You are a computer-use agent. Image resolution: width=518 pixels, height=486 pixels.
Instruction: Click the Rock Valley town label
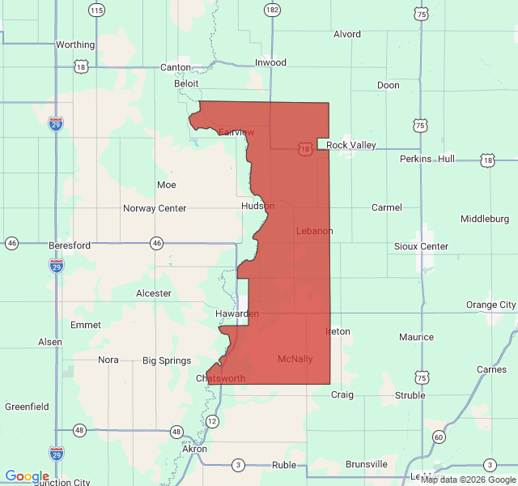pyautogui.click(x=351, y=145)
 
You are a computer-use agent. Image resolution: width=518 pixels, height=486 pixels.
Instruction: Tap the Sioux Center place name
pyautogui.click(x=421, y=246)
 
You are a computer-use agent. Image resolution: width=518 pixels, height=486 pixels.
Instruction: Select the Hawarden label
pyautogui.click(x=236, y=313)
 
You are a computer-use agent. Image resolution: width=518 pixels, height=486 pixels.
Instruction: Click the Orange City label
pyautogui.click(x=490, y=305)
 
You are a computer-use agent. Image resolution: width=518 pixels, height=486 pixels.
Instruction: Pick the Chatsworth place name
pyautogui.click(x=220, y=378)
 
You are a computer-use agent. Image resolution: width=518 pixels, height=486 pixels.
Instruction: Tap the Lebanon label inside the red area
pyautogui.click(x=314, y=231)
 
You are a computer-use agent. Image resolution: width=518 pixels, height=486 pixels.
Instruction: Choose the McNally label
pyautogui.click(x=295, y=359)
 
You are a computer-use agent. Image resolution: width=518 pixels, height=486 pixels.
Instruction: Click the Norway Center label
pyautogui.click(x=155, y=208)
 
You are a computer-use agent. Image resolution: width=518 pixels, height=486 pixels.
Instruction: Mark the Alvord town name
pyautogui.click(x=347, y=34)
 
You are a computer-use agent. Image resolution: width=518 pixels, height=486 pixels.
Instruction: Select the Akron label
pyautogui.click(x=194, y=449)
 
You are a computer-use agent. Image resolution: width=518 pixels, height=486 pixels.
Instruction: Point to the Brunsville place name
pyautogui.click(x=367, y=464)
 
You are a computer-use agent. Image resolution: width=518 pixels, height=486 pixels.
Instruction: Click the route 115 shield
pyautogui.click(x=96, y=10)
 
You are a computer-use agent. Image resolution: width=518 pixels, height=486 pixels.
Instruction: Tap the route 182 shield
pyautogui.click(x=272, y=10)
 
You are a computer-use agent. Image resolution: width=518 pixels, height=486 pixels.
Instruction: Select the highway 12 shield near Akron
pyautogui.click(x=212, y=421)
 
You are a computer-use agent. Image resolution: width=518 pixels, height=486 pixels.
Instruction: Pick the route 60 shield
pyautogui.click(x=438, y=437)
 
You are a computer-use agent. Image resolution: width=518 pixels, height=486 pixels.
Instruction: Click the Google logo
pyautogui.click(x=27, y=477)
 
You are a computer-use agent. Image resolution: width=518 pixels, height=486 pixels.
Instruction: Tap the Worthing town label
pyautogui.click(x=75, y=45)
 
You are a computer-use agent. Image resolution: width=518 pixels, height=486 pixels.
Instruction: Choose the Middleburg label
pyautogui.click(x=485, y=219)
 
